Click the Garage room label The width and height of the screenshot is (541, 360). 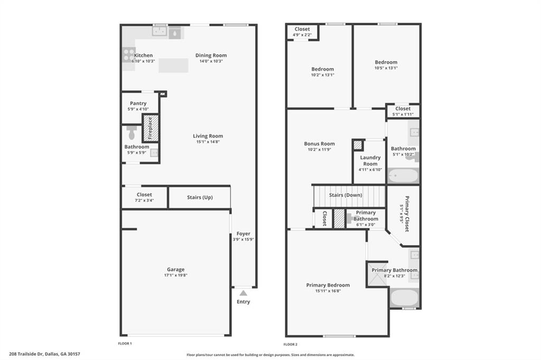[x=175, y=269]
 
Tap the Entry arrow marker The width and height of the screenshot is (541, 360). [x=243, y=292]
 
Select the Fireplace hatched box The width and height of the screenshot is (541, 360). [x=150, y=127]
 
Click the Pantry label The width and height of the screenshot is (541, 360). [x=138, y=103]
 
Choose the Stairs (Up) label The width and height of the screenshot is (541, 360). [x=200, y=197]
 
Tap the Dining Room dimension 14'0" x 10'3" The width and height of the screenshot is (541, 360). [x=211, y=61]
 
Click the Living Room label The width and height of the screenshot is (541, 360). [x=208, y=136]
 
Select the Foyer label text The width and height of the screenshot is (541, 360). [x=243, y=233]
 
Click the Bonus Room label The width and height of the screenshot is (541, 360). [x=319, y=144]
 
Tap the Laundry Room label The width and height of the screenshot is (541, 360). [x=370, y=160]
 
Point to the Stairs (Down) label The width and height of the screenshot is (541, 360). [x=346, y=195]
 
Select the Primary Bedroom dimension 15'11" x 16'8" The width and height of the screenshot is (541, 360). [x=328, y=291]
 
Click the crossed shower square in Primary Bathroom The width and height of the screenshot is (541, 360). [x=377, y=273]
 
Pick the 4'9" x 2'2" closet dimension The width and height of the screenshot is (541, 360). [x=302, y=35]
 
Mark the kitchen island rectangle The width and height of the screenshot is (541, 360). [x=173, y=65]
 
